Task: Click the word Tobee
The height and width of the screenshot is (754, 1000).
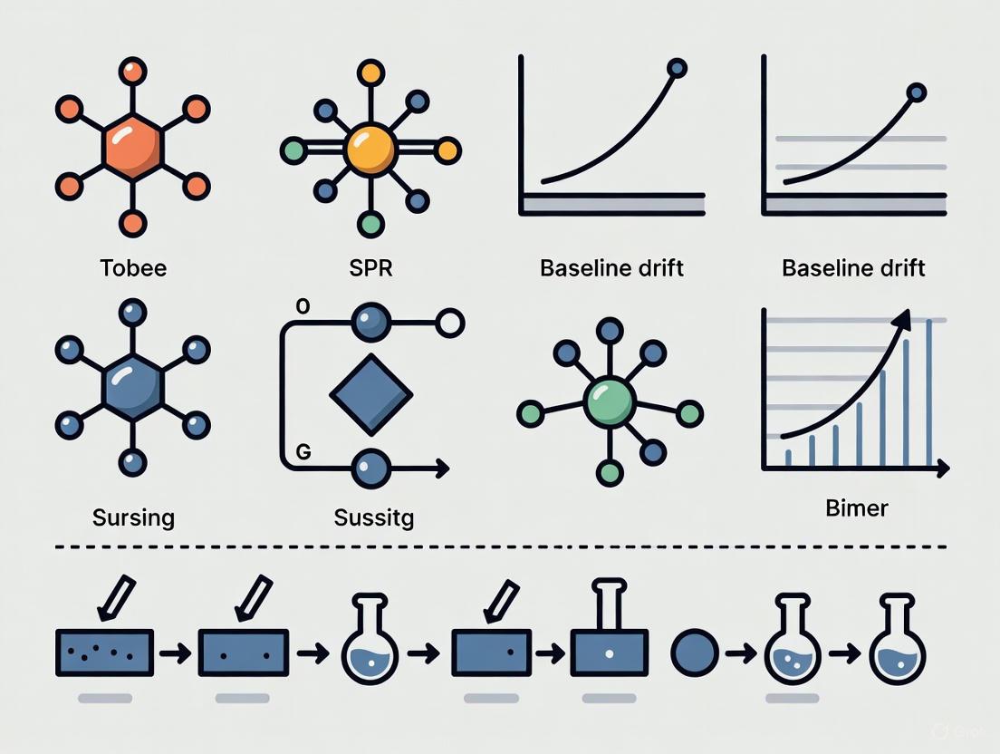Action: coord(133,268)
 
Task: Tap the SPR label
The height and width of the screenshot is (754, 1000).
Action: coord(371,268)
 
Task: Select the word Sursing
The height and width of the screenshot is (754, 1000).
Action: coord(133,518)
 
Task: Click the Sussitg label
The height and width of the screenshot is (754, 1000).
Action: coord(373,518)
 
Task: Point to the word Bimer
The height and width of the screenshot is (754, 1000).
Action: coord(857,507)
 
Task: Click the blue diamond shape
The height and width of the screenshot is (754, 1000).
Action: coord(371,394)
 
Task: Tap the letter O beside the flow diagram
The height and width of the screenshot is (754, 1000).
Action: coord(303,306)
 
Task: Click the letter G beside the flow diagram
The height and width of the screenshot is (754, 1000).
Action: coord(303,453)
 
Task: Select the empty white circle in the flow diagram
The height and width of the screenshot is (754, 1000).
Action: coord(450,321)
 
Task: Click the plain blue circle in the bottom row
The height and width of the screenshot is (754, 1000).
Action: coord(695,652)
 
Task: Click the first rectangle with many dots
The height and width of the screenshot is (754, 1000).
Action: coord(105,652)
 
